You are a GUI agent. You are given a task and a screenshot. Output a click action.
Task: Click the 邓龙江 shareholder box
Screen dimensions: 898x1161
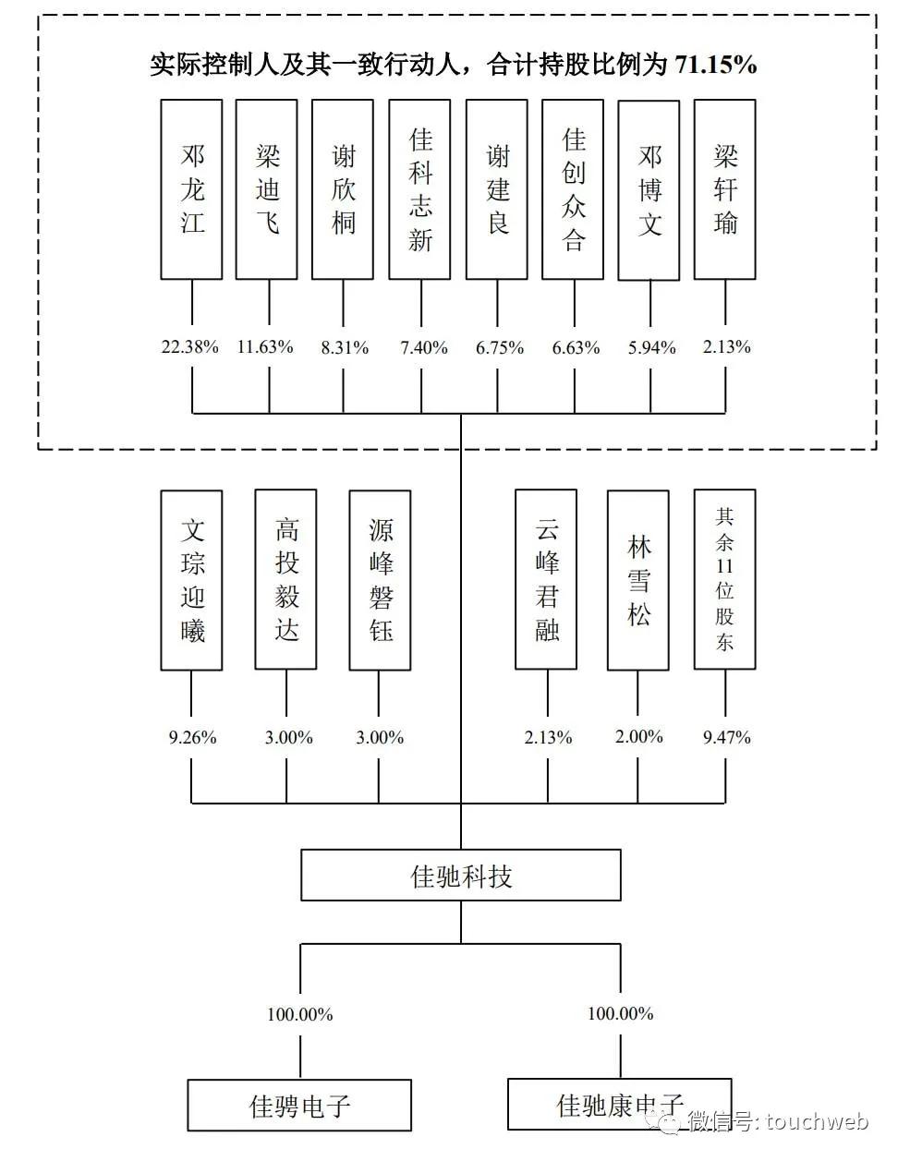[191, 189]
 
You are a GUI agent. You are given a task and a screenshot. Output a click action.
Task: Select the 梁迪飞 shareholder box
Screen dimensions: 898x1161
[267, 189]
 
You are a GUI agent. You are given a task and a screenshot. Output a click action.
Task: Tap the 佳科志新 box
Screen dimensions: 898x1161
[419, 189]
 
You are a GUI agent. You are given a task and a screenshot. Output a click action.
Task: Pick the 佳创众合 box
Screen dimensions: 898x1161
[573, 189]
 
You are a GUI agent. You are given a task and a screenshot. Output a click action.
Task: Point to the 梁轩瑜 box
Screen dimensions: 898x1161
[725, 189]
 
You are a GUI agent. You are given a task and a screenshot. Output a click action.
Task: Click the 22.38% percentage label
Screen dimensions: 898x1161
[190, 347]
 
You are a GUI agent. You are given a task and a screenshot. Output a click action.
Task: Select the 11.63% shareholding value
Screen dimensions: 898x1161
[265, 347]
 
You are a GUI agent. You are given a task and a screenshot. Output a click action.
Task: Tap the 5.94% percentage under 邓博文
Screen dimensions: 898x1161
[651, 348]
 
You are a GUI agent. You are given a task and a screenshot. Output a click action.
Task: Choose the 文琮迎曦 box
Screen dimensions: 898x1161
[191, 580]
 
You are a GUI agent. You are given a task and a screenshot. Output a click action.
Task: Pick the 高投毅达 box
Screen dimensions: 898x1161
[285, 580]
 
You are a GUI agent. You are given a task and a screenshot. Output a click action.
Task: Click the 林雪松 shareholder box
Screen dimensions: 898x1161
[637, 580]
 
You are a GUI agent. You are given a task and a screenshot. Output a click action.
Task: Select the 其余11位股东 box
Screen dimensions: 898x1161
[725, 580]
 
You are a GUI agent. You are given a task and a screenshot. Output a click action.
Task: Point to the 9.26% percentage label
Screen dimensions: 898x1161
[193, 738]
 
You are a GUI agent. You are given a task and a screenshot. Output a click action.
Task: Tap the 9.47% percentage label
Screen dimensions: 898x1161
[727, 738]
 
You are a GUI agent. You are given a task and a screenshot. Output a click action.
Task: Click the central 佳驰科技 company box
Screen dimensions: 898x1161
[461, 876]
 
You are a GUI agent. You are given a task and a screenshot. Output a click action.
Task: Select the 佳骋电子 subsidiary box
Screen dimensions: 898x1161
[299, 1105]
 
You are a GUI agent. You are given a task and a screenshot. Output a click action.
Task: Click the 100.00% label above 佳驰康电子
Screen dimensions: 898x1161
[621, 1013]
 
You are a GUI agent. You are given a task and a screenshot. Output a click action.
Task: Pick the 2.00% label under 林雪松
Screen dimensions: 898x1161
[639, 737]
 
